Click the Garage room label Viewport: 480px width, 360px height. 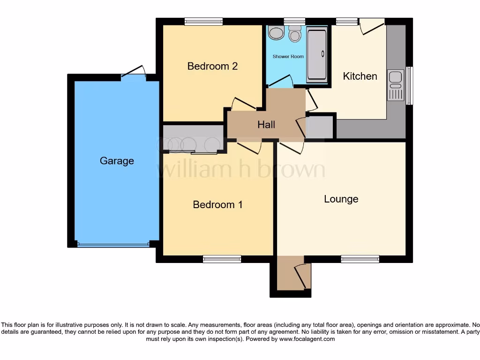(x=117, y=161)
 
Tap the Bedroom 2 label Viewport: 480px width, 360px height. (x=212, y=66)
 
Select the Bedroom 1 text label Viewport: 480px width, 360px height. (x=217, y=204)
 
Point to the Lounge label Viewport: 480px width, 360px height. (x=341, y=199)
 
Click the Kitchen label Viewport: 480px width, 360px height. (x=360, y=76)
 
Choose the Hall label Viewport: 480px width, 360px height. (x=266, y=125)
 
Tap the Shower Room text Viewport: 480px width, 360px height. (x=288, y=57)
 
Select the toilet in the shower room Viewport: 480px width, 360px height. (x=295, y=34)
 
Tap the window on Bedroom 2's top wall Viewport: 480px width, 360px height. (x=203, y=21)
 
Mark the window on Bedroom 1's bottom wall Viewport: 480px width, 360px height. (x=222, y=259)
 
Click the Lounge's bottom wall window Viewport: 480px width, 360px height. (x=360, y=259)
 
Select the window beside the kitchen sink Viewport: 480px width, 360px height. (x=410, y=85)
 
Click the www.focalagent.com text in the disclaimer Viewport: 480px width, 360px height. (x=307, y=339)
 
